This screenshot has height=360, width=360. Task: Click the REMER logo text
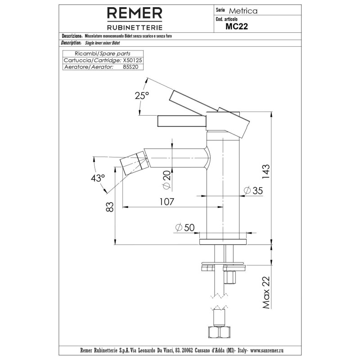pos(135,13)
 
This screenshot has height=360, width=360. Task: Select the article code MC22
pos(237,27)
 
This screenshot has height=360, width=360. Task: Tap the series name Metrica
pos(243,11)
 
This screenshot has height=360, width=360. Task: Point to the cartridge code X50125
pos(132,60)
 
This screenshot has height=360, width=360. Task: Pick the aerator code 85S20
pos(130,67)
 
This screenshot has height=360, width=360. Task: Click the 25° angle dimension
pos(142,95)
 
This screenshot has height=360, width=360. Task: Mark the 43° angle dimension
pos(98,178)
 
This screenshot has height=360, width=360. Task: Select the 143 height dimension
pos(266,172)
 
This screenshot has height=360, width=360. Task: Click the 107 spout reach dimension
pos(166,202)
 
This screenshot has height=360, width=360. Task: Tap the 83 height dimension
pos(110,207)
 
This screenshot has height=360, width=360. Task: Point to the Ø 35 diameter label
pos(253,190)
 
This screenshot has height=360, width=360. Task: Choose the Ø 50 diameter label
pos(185,228)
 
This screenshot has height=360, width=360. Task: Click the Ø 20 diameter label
pos(167,180)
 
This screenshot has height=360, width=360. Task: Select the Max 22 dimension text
pos(266,292)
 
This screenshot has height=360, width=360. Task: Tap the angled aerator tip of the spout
pos(133,163)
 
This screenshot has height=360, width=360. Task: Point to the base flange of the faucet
pos(223,242)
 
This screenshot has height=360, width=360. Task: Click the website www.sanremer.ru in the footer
pos(267,351)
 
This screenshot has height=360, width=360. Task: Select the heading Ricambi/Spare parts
pos(103,54)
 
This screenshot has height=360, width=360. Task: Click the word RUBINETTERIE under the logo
pos(135,27)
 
